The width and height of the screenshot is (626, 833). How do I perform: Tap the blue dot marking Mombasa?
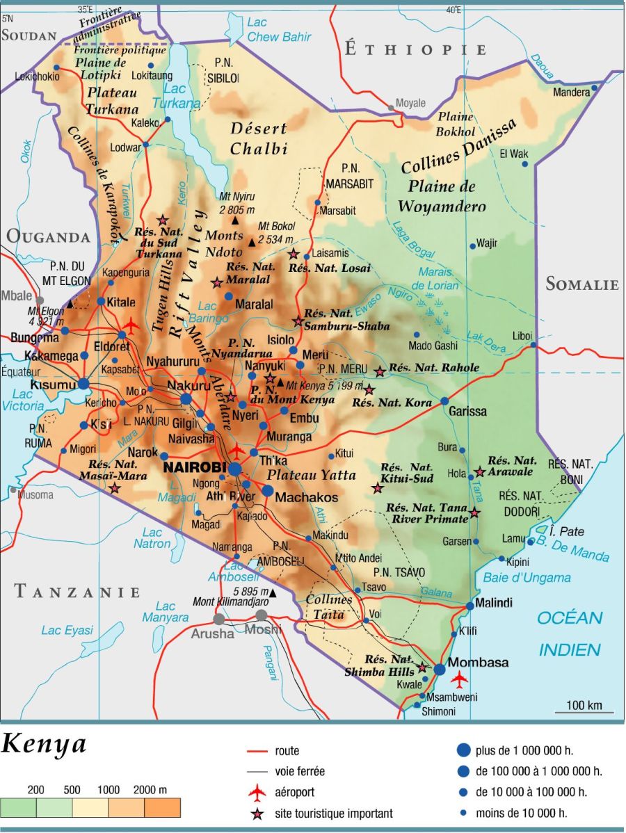[440, 669]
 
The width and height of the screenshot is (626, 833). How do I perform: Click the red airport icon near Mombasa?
[459, 678]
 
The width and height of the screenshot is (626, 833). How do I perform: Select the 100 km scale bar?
[584, 711]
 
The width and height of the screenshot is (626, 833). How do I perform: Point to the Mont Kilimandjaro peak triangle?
[272, 593]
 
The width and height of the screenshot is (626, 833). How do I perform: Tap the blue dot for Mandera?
[594, 88]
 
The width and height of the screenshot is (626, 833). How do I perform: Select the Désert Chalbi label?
[258, 138]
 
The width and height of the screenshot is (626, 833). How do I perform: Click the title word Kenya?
[44, 744]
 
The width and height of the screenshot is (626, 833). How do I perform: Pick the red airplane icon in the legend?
[257, 792]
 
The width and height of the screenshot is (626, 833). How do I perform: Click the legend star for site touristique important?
[257, 813]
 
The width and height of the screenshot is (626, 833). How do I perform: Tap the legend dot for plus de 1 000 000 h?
[464, 750]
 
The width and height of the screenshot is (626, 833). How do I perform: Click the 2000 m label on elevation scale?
[151, 790]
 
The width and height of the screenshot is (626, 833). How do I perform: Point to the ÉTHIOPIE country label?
[415, 49]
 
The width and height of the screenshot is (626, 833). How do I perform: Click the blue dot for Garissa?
[445, 401]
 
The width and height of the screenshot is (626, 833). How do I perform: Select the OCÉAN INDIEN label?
[570, 633]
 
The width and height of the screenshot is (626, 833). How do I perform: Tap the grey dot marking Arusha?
[219, 618]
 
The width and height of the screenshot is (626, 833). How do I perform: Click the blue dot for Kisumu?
[83, 383]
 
